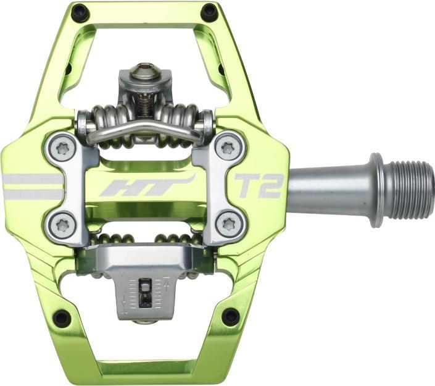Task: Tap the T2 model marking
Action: click(259, 186)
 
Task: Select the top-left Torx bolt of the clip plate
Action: click(64, 149)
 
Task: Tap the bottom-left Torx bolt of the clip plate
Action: click(63, 225)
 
